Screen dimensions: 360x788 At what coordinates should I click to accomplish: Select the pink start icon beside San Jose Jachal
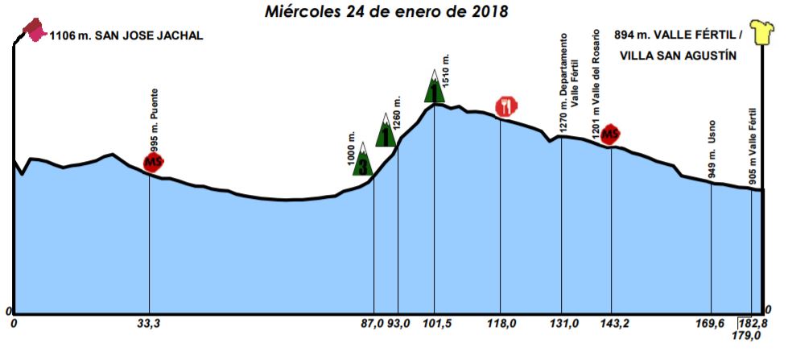(34, 31)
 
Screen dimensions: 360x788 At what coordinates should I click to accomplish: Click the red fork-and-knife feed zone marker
(505, 106)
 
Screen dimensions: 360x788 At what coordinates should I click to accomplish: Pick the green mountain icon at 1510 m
(435, 86)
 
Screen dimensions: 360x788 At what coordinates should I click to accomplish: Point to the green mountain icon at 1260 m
(387, 130)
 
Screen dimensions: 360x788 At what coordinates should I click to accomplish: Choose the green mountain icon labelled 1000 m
(363, 159)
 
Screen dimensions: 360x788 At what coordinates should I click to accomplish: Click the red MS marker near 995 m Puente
(153, 162)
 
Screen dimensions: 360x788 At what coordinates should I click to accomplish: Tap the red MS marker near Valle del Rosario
(611, 133)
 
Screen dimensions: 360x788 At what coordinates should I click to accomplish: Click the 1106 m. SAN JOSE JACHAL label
(126, 35)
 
